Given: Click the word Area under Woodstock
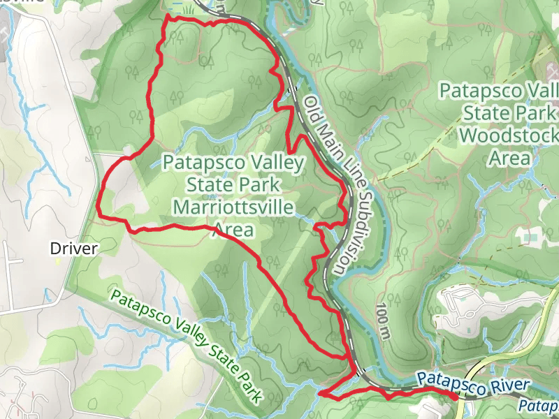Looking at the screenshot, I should pos(508,158).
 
